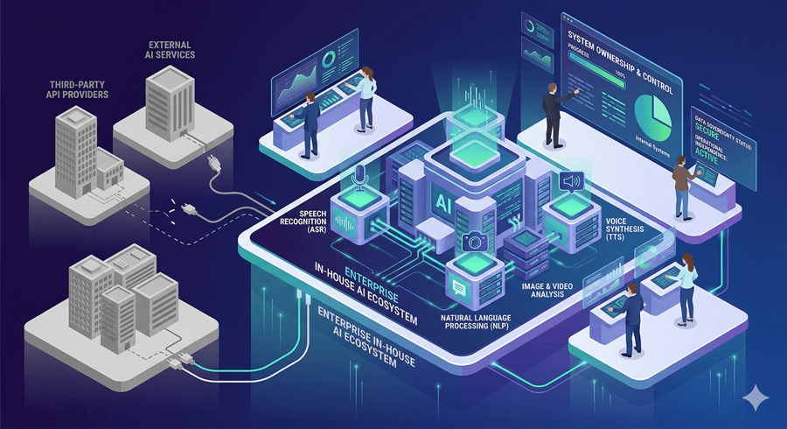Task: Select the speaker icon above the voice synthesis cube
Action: click(571, 182)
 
